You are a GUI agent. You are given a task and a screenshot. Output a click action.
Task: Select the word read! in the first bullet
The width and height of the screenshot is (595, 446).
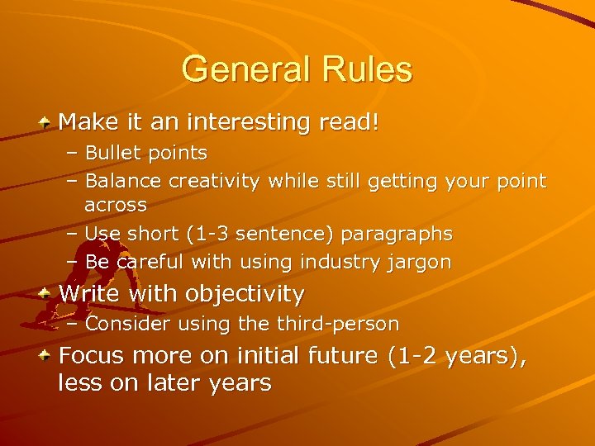click(x=351, y=123)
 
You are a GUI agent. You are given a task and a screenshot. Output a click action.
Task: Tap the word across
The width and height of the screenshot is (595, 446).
click(x=116, y=203)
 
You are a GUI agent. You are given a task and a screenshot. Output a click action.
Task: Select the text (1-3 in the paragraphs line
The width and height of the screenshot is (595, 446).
click(x=212, y=234)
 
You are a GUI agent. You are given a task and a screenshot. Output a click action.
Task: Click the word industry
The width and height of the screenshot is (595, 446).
click(x=340, y=263)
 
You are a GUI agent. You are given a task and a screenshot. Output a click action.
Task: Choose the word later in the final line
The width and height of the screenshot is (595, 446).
click(x=174, y=383)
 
